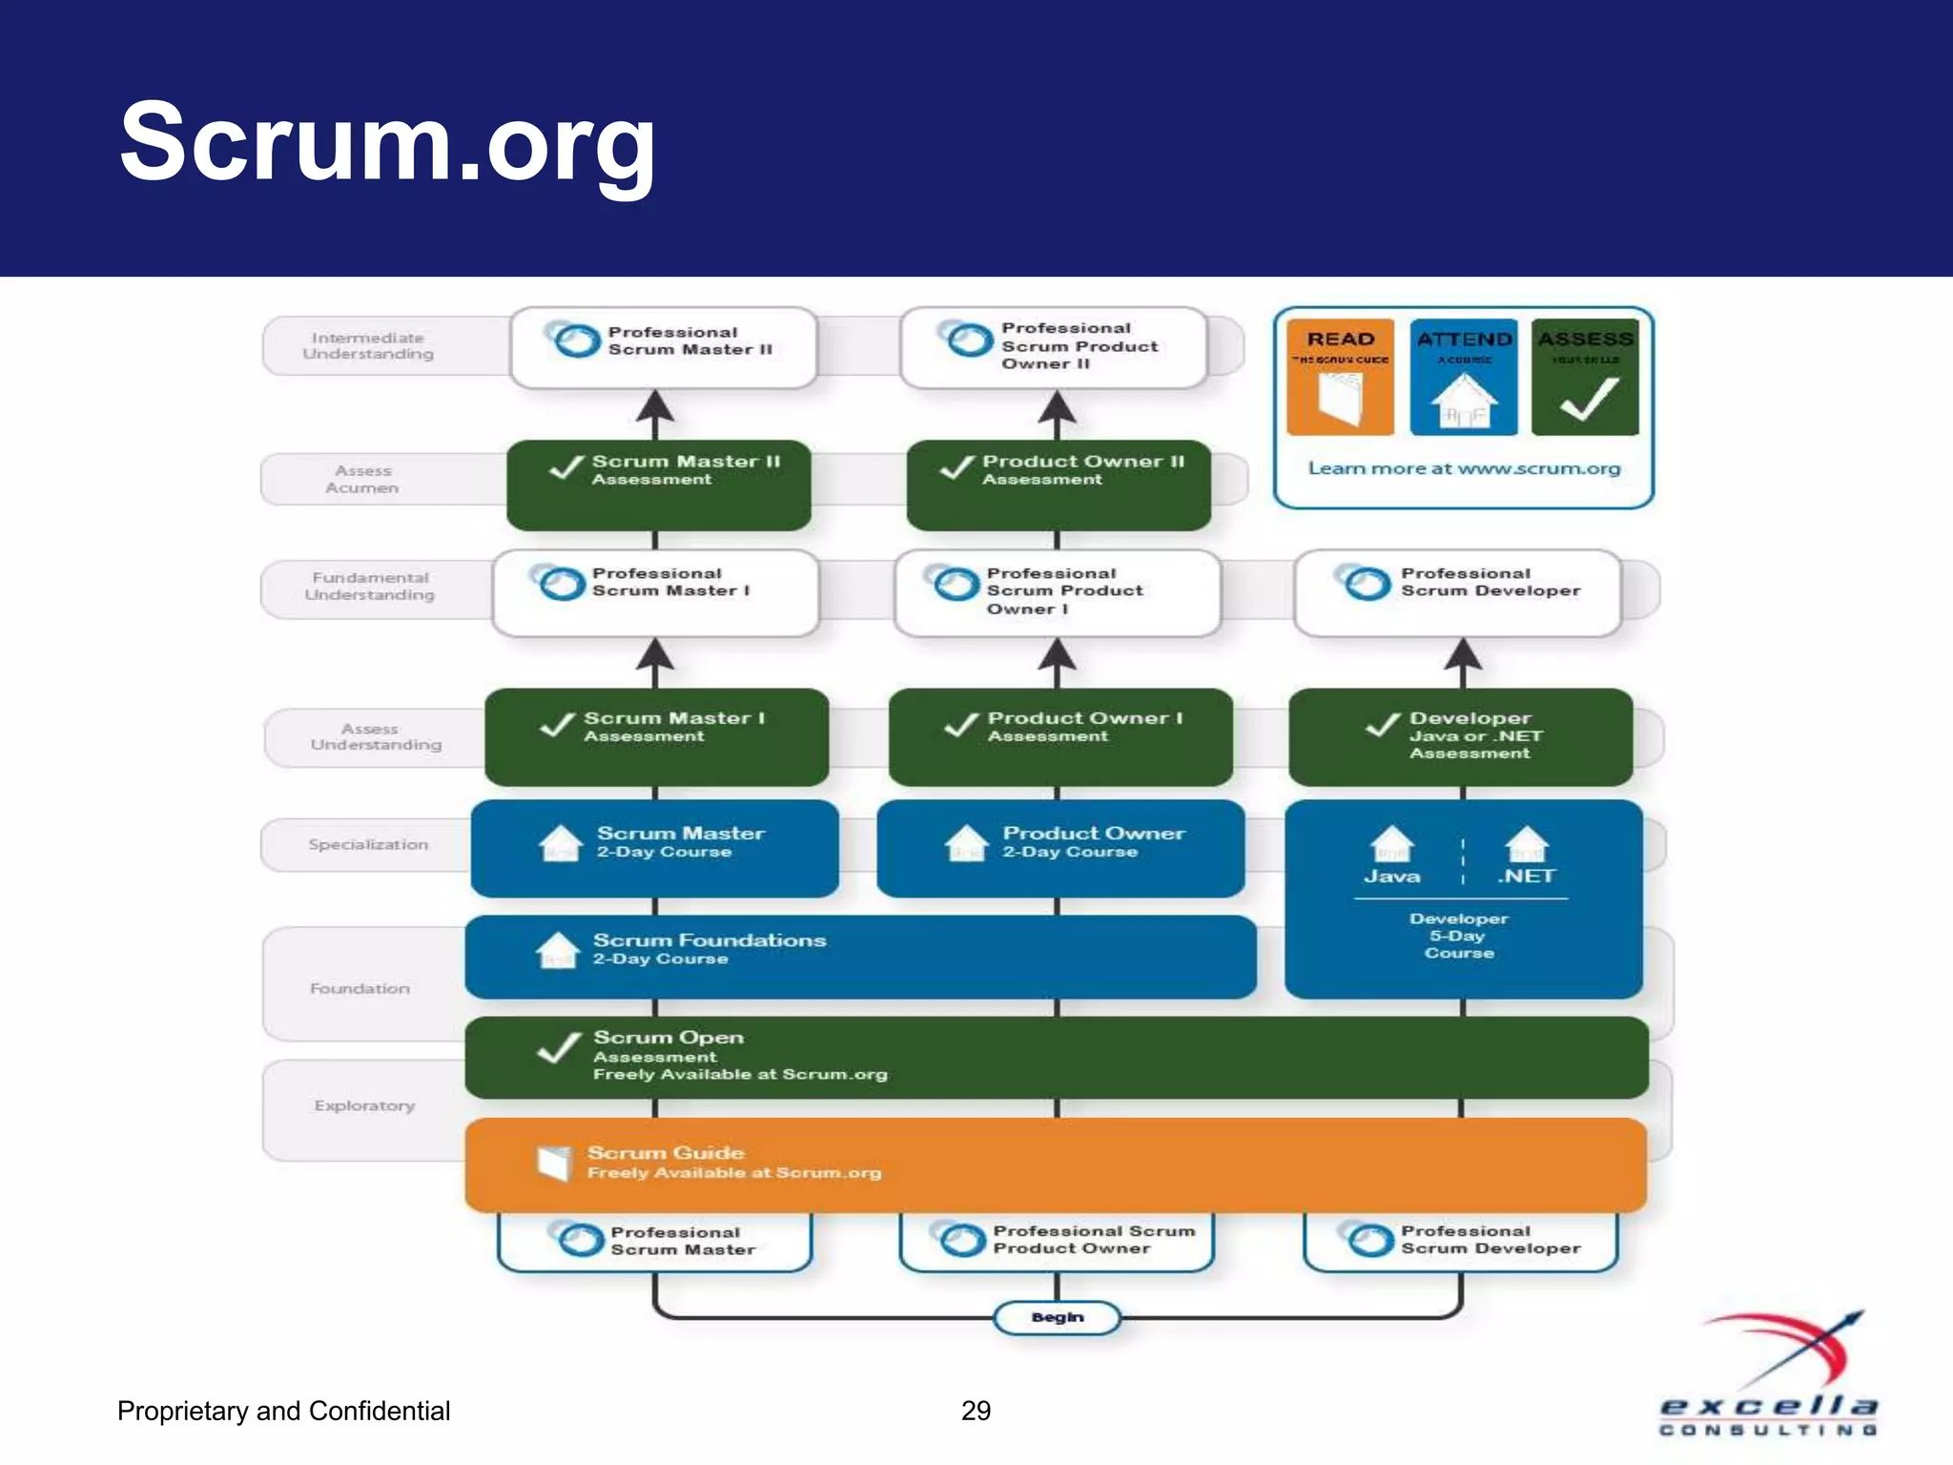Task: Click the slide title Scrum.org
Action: click(x=387, y=143)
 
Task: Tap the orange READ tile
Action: click(x=1340, y=378)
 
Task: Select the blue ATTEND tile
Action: click(x=1464, y=378)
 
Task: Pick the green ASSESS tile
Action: click(x=1585, y=378)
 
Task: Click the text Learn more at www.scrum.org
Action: click(x=1464, y=468)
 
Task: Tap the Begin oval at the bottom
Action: click(x=1057, y=1317)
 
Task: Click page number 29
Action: click(x=976, y=1411)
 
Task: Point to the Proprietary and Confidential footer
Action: click(x=283, y=1411)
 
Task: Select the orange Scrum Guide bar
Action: click(x=1056, y=1164)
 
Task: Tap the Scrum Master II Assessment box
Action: click(x=659, y=485)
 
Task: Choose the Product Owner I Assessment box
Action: click(x=1060, y=736)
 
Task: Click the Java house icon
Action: click(x=1391, y=843)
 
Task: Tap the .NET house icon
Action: click(x=1527, y=843)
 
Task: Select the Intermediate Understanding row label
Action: click(x=368, y=345)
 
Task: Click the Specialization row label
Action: click(x=368, y=844)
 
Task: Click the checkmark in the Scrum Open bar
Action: click(x=559, y=1047)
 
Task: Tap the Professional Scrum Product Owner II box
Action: click(x=1054, y=346)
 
